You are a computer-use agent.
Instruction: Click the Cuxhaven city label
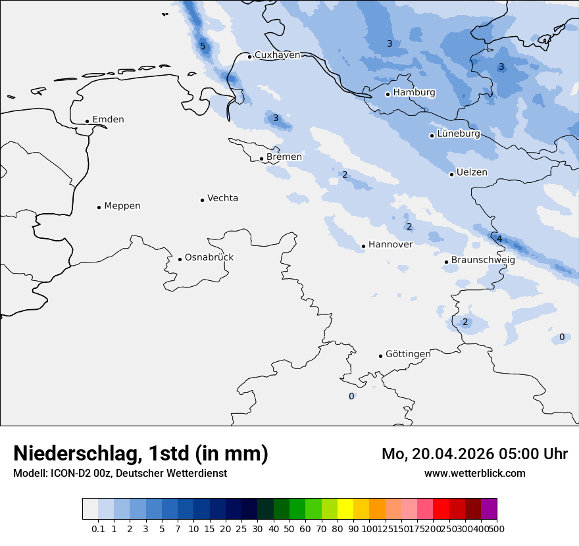point(277,55)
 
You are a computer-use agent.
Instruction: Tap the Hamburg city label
point(414,93)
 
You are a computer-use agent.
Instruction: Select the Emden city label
point(108,120)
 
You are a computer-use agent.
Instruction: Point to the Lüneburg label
point(458,134)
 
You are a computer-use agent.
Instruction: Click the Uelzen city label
point(472,173)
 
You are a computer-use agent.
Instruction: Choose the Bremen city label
point(284,157)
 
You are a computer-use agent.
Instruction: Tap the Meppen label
point(122,206)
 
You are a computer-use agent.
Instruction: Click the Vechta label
point(222,199)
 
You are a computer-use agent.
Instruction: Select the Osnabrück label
point(209,258)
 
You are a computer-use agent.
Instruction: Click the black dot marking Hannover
point(363,246)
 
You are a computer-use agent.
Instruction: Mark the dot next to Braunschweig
point(446,262)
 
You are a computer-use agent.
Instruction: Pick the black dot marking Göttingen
point(380,356)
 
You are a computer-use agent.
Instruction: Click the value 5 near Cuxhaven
point(203,46)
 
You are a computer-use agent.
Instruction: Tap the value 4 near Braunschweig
point(499,239)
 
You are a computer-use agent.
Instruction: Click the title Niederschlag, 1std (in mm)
point(141,453)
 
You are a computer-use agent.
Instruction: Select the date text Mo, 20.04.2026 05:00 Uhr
point(474,454)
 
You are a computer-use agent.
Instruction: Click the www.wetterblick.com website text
point(474,473)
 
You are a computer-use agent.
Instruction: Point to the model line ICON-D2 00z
point(120,473)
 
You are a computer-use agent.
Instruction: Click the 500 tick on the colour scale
point(497,528)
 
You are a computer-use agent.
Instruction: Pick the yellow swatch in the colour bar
point(345,509)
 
